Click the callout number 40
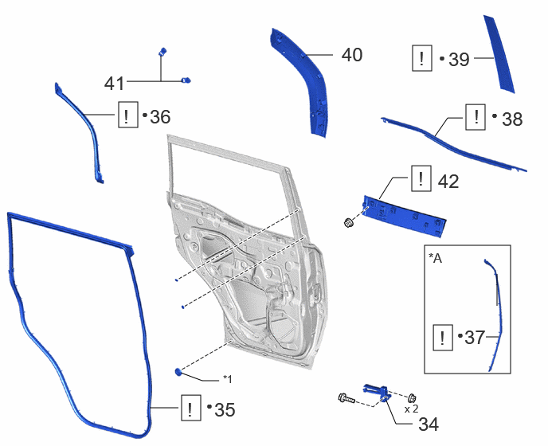tap(352, 55)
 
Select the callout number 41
tap(114, 84)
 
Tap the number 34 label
tap(429, 424)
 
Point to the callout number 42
tap(448, 182)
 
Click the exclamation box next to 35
tap(191, 408)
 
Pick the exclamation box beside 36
tap(128, 115)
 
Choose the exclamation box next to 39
tap(422, 58)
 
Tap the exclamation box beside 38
tap(476, 117)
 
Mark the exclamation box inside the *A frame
tap(443, 338)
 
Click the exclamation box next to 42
tap(421, 178)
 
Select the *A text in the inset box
tap(435, 258)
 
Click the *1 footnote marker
tap(228, 379)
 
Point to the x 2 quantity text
tap(411, 409)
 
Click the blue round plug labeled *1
tap(178, 372)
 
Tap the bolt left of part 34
tap(346, 397)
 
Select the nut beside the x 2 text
tap(412, 397)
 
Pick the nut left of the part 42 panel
tap(348, 222)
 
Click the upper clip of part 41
tap(162, 52)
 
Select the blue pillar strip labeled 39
tap(499, 55)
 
